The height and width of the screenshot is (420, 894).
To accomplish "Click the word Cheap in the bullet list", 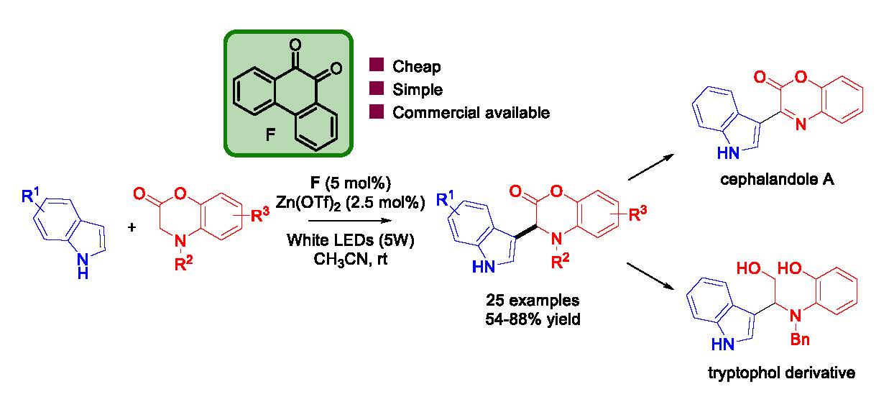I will click(x=417, y=67).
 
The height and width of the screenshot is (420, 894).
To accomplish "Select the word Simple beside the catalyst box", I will click(x=418, y=90).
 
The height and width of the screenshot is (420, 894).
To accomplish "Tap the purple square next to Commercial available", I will click(x=375, y=113).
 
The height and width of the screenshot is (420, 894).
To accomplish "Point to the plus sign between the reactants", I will click(x=132, y=227).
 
